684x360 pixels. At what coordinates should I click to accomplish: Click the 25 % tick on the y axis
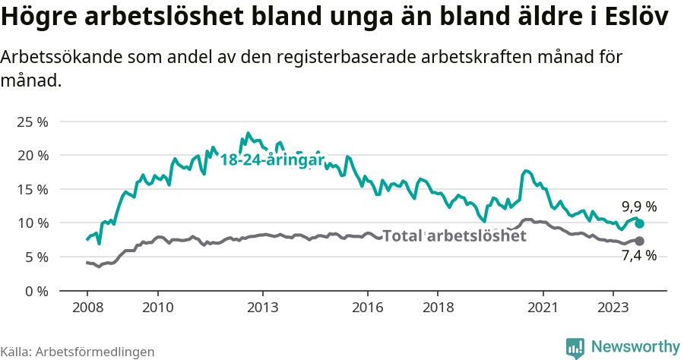[x=33, y=122]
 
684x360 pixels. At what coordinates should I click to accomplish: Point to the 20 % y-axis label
[x=33, y=155]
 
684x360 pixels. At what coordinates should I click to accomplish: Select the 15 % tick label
[x=33, y=189]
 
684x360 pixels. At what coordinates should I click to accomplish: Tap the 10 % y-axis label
[x=33, y=223]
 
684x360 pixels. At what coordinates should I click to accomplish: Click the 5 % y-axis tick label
[x=36, y=257]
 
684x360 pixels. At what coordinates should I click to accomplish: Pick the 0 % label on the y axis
[x=36, y=291]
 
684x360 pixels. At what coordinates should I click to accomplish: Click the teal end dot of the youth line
[x=640, y=223]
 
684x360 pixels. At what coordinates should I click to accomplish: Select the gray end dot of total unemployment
[x=639, y=241]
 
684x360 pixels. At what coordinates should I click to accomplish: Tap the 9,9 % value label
[x=639, y=206]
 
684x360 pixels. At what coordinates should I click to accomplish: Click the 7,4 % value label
[x=639, y=256]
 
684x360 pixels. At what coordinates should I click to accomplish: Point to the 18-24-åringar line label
[x=272, y=159]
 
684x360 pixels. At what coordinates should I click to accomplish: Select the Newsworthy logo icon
[x=575, y=347]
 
